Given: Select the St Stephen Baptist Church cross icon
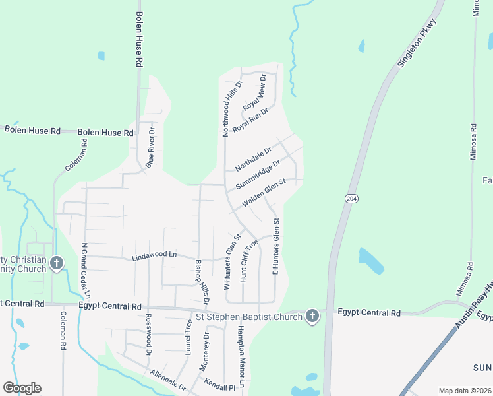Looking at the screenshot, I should point(312,317).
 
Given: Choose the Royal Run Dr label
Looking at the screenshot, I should point(250,121).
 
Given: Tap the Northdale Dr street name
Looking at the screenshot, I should point(253,160).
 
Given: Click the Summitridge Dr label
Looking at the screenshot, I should point(258,173).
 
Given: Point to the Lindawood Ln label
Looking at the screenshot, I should point(155,255).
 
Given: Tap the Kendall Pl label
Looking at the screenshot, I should point(219,387).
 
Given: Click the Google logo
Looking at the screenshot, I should point(22,387).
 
